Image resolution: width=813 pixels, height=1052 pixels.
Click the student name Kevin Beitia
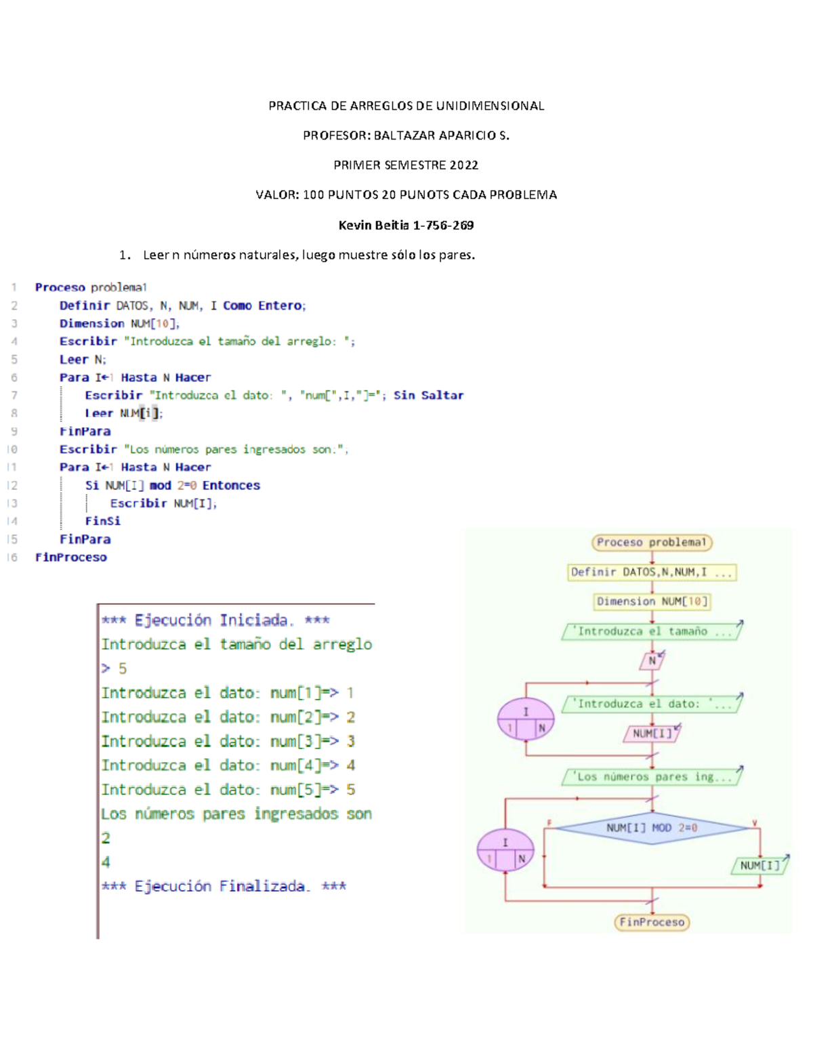[373, 225]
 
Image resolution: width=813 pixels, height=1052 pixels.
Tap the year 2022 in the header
[463, 165]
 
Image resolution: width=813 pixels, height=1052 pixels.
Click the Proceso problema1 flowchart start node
[652, 542]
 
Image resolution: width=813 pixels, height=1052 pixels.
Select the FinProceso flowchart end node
[652, 922]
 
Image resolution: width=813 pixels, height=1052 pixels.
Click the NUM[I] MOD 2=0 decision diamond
[651, 828]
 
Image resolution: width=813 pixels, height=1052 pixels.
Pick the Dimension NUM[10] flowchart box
[652, 602]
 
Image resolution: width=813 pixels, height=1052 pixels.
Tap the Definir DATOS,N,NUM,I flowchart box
[652, 572]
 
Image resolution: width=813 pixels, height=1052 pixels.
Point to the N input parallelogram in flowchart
[652, 660]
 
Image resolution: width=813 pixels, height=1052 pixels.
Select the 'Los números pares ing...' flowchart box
[652, 777]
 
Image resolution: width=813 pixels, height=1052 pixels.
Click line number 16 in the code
[12, 557]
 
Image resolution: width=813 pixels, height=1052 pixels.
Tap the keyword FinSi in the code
[103, 521]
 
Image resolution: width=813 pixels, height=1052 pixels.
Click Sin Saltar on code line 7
[428, 396]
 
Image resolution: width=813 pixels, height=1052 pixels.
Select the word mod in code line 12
[161, 486]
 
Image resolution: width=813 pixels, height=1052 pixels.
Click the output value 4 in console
[106, 862]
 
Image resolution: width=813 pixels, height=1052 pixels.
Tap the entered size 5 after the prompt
[123, 669]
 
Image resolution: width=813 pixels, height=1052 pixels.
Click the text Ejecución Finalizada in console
[220, 886]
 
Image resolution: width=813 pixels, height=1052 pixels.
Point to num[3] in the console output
[295, 741]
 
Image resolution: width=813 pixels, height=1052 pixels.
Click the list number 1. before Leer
[125, 255]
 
